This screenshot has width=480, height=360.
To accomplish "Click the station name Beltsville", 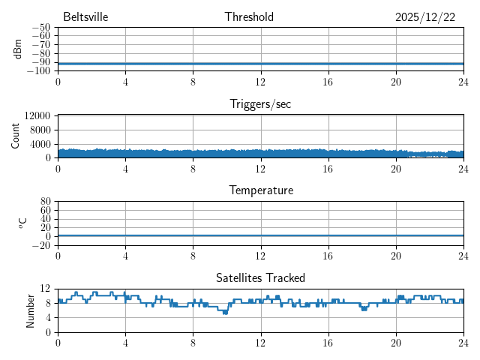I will pyautogui.click(x=85, y=17).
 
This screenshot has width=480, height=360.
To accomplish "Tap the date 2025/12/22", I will pyautogui.click(x=425, y=17).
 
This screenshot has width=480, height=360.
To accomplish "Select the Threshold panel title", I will pyautogui.click(x=249, y=17).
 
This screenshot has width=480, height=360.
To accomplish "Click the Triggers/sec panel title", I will pyautogui.click(x=260, y=104).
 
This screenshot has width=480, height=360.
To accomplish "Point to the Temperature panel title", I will pyautogui.click(x=260, y=190).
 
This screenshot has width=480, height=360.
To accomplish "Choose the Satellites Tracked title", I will pyautogui.click(x=260, y=278).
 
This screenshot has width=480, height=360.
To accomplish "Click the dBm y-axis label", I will pyautogui.click(x=17, y=49).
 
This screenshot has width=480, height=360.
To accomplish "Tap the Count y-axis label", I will pyautogui.click(x=16, y=136).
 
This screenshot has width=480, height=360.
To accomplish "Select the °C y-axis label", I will pyautogui.click(x=22, y=223).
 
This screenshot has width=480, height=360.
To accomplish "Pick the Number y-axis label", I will pyautogui.click(x=31, y=310).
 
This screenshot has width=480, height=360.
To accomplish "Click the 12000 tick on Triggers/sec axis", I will pyautogui.click(x=37, y=116).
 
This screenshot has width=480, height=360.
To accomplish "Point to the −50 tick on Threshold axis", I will pyautogui.click(x=41, y=28).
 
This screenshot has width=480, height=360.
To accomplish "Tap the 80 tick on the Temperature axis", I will pyautogui.click(x=45, y=202).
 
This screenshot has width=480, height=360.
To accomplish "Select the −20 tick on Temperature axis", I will pyautogui.click(x=41, y=245).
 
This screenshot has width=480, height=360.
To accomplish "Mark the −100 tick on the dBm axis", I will pyautogui.click(x=39, y=71).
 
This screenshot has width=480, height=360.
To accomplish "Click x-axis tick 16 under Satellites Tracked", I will pyautogui.click(x=328, y=343).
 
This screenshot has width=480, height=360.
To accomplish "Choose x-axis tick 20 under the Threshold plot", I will pyautogui.click(x=395, y=82).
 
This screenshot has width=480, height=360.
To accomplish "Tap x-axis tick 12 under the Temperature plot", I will pyautogui.click(x=260, y=256).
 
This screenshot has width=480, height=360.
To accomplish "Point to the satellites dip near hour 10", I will pyautogui.click(x=225, y=312).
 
